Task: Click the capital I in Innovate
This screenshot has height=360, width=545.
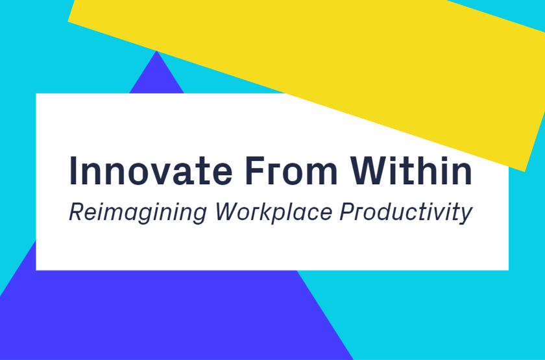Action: click(73, 170)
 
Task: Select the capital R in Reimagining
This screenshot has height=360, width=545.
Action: click(75, 212)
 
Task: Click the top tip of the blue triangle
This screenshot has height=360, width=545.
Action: click(156, 51)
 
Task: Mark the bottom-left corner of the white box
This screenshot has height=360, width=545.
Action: click(36, 269)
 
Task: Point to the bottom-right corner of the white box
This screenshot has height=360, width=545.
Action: click(508, 269)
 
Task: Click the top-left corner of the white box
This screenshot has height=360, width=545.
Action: click(36, 94)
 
